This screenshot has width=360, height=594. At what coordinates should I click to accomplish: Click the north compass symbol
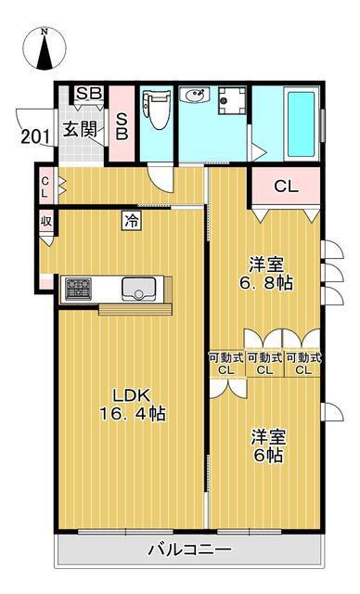pos(45,49)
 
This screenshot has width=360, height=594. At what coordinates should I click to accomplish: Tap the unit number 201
pos(35,136)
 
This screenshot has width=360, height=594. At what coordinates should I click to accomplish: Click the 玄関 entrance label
pos(80,130)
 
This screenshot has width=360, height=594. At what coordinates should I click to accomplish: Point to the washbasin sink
pos(194,95)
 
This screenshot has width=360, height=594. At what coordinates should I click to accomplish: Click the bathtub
pos(302,123)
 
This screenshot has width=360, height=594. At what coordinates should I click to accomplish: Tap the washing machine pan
pos(232,100)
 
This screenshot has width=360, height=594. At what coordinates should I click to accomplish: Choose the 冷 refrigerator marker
pos(132,220)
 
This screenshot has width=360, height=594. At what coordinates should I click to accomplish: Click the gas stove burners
pos(78,290)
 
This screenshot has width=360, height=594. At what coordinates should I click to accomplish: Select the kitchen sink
pos(139,290)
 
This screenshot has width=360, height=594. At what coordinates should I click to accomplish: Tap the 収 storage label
pos(46,221)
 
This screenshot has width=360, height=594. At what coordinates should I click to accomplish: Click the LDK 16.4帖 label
pos(132,405)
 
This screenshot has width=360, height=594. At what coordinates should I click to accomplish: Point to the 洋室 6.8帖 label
pos(266,274)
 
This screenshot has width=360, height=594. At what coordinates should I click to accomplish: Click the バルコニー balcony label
pos(189,549)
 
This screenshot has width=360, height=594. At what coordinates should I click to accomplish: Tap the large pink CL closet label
pos(286,187)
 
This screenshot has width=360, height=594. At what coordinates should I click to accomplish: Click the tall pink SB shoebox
pos(122,123)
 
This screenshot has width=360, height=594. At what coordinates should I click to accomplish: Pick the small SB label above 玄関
pos(89,93)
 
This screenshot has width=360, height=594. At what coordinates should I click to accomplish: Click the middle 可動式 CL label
pos(264,364)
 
